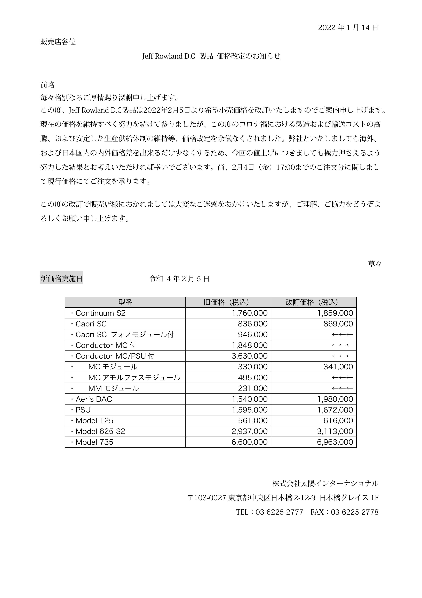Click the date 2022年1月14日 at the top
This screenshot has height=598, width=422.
pos(348,28)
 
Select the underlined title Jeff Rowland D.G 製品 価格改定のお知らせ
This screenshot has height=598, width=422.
pos(211,56)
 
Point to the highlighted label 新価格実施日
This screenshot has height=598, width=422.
pos(61,279)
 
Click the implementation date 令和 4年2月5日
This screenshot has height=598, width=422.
pos(179,279)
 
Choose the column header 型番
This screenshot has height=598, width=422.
pos(125,302)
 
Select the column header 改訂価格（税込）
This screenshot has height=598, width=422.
pos(313,302)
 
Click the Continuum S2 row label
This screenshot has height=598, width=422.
pos(100,313)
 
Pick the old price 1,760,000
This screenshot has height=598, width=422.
pos(250,313)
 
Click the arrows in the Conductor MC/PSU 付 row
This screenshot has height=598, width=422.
pos(342,356)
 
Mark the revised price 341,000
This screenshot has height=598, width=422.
pos(338,367)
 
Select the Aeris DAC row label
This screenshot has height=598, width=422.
pos(94,399)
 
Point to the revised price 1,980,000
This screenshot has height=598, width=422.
pos(335,399)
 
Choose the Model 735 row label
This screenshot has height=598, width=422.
pos(94,442)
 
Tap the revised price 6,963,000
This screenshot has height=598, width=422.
pos(335,442)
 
